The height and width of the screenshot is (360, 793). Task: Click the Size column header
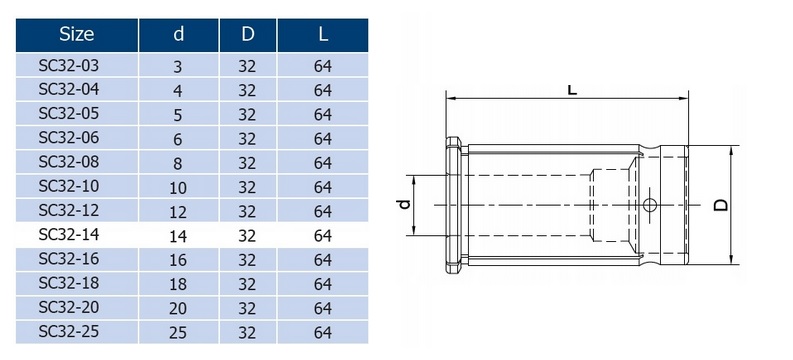click(x=76, y=34)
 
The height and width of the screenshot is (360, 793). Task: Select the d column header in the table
click(x=179, y=34)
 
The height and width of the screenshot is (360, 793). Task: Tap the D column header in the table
click(x=248, y=34)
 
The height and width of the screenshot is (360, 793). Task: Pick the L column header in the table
click(x=323, y=34)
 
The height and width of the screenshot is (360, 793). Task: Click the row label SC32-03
click(x=69, y=65)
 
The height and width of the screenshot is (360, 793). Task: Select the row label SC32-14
click(x=69, y=235)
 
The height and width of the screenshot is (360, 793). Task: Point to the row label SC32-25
click(x=69, y=332)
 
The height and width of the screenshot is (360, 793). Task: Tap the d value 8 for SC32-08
click(x=178, y=163)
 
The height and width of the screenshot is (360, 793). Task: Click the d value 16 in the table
click(x=178, y=260)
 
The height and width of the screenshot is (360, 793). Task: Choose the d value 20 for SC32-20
click(x=178, y=308)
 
